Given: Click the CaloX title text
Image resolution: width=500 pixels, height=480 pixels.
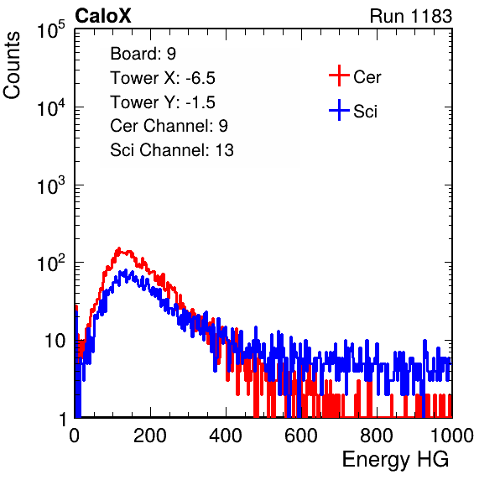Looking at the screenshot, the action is coord(103,16).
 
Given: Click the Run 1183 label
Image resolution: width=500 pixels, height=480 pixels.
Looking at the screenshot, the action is coord(411,16).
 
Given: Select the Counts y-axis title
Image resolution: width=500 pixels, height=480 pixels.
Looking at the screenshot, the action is coord(12,65).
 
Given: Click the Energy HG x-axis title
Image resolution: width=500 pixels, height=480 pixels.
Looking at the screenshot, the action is coord(395,460).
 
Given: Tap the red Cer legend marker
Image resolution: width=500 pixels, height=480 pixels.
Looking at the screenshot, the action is coord(339,76).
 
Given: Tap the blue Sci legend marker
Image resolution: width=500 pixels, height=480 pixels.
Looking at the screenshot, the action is coord(339,110).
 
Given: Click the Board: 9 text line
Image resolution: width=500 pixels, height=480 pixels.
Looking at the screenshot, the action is coord(143,54).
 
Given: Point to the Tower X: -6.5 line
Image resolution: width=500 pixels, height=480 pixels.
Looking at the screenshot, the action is coord(163,78).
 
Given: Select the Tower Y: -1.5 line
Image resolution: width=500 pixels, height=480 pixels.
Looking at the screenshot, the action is coord(163,102).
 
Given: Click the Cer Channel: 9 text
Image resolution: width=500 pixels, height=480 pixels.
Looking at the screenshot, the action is coord(169,126).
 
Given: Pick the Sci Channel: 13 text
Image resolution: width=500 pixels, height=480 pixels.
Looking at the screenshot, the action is coord(172,150).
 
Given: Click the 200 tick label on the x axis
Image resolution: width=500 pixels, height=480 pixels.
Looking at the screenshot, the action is coord(150,435).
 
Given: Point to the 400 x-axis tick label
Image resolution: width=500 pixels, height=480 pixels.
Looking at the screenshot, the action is coord(226,435).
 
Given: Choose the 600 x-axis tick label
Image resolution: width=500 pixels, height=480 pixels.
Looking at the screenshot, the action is coord(301,435).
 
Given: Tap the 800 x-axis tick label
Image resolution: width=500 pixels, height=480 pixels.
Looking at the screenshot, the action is coord(377,435).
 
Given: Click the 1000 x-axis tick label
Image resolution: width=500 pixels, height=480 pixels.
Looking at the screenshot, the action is coord(452,435).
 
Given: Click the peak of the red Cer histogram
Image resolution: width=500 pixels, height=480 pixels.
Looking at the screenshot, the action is coord(119,248).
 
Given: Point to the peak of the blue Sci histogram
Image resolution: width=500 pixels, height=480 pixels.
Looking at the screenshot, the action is coord(126,270).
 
